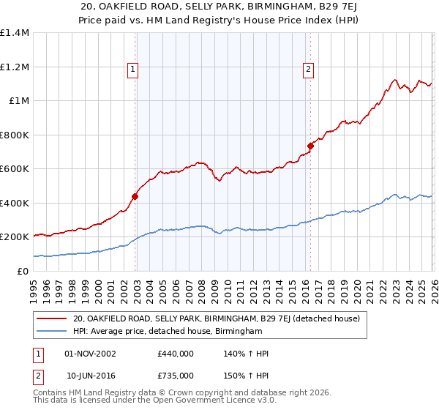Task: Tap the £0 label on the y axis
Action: (22, 271)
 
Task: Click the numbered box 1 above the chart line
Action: (133, 70)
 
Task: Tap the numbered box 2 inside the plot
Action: (308, 70)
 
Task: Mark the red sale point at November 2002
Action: (135, 196)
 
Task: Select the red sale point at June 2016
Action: (310, 146)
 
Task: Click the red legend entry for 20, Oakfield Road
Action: (216, 319)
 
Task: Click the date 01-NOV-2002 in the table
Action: (90, 354)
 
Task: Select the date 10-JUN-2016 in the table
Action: (90, 376)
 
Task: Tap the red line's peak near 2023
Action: (394, 80)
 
